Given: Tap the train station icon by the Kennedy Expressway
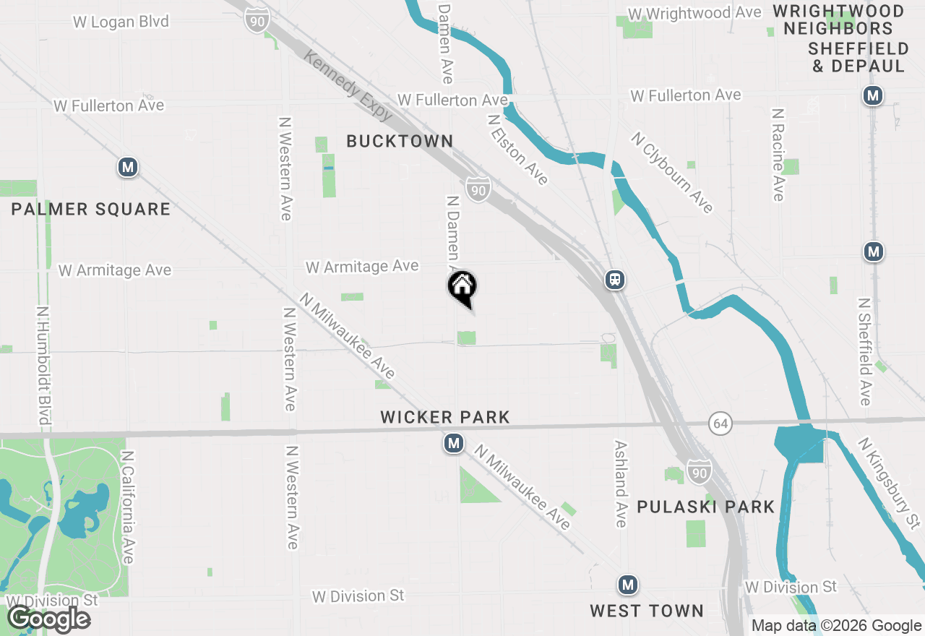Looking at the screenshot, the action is tap(615, 280).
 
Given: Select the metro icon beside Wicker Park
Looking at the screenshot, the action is tap(454, 442).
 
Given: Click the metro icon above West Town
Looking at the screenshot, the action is tap(627, 585).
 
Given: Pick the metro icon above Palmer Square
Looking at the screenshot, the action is tap(128, 168).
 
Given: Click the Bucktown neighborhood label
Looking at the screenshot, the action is tap(400, 141).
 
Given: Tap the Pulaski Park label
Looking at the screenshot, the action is tap(705, 507).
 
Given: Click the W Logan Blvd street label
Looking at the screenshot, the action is tap(121, 22).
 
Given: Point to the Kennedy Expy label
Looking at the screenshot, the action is tap(348, 85).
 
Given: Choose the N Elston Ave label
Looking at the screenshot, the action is tap(517, 150).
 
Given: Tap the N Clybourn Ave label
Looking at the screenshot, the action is tap(672, 172).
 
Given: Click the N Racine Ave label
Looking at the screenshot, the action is tap(778, 155).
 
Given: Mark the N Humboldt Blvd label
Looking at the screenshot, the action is tap(44, 365).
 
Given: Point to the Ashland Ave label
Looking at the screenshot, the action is tap(621, 484).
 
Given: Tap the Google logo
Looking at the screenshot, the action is tap(48, 619).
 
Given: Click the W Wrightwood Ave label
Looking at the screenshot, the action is tap(694, 13).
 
